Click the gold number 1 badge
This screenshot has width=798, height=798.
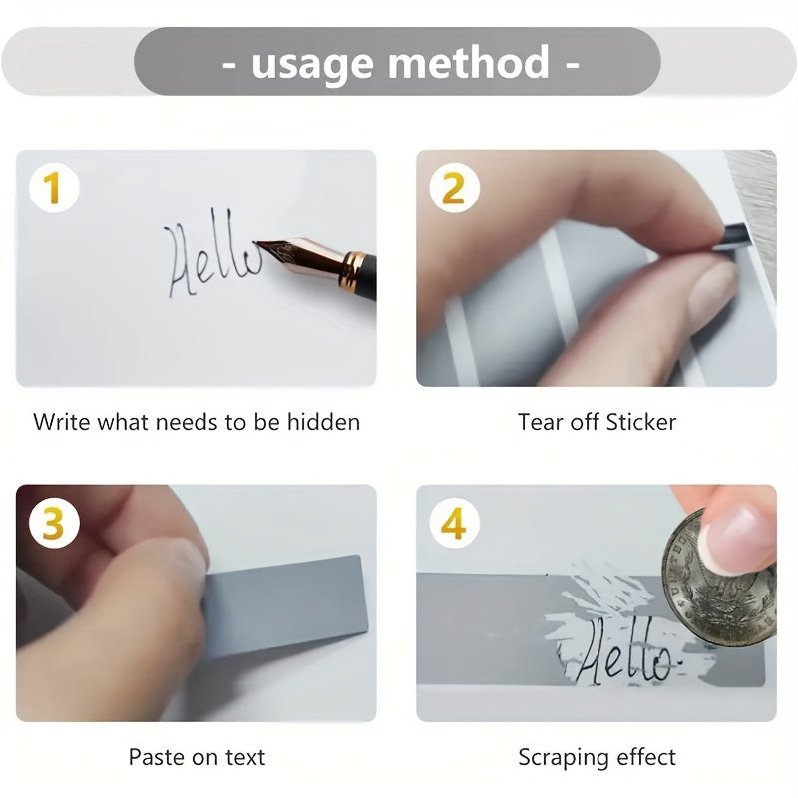point(54,188)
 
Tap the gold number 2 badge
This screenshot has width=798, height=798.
point(454,188)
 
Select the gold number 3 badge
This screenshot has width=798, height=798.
point(54,523)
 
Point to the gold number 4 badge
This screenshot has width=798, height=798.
point(454,523)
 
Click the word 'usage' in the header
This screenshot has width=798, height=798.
point(312,64)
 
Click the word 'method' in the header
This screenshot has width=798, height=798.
point(468,61)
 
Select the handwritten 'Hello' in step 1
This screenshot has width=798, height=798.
point(212,253)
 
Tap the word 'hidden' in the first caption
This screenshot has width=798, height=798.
point(323,421)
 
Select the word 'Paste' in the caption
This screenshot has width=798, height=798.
point(158,757)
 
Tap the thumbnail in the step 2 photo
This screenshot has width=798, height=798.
point(713,290)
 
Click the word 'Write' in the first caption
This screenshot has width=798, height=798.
point(63,421)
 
